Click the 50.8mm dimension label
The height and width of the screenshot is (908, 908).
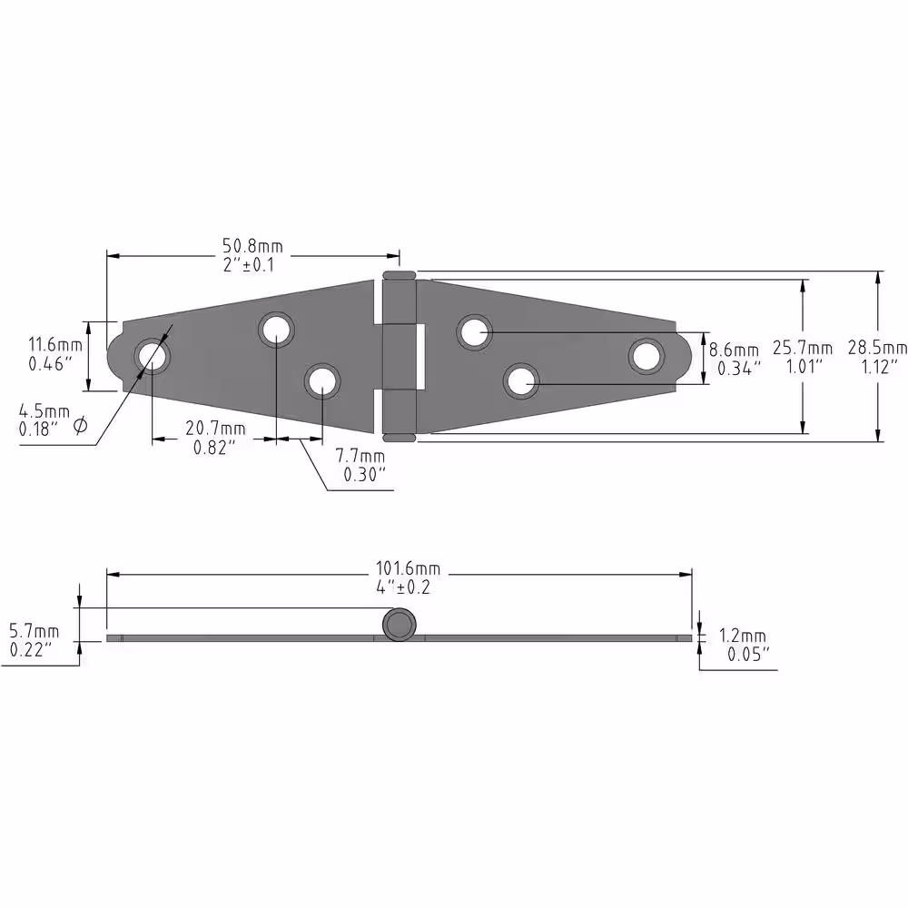click(x=253, y=246)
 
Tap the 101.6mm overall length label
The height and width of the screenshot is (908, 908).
click(x=408, y=568)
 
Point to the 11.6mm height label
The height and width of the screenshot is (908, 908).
click(x=55, y=345)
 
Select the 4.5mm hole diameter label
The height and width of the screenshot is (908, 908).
click(x=44, y=411)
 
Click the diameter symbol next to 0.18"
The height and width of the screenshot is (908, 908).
click(x=81, y=427)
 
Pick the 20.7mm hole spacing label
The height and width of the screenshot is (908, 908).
click(x=215, y=429)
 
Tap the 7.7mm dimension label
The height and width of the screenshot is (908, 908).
click(x=360, y=456)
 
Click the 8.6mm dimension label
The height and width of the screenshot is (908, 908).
click(x=734, y=350)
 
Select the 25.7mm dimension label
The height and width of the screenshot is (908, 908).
click(x=803, y=348)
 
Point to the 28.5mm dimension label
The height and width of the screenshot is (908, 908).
click(x=877, y=348)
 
